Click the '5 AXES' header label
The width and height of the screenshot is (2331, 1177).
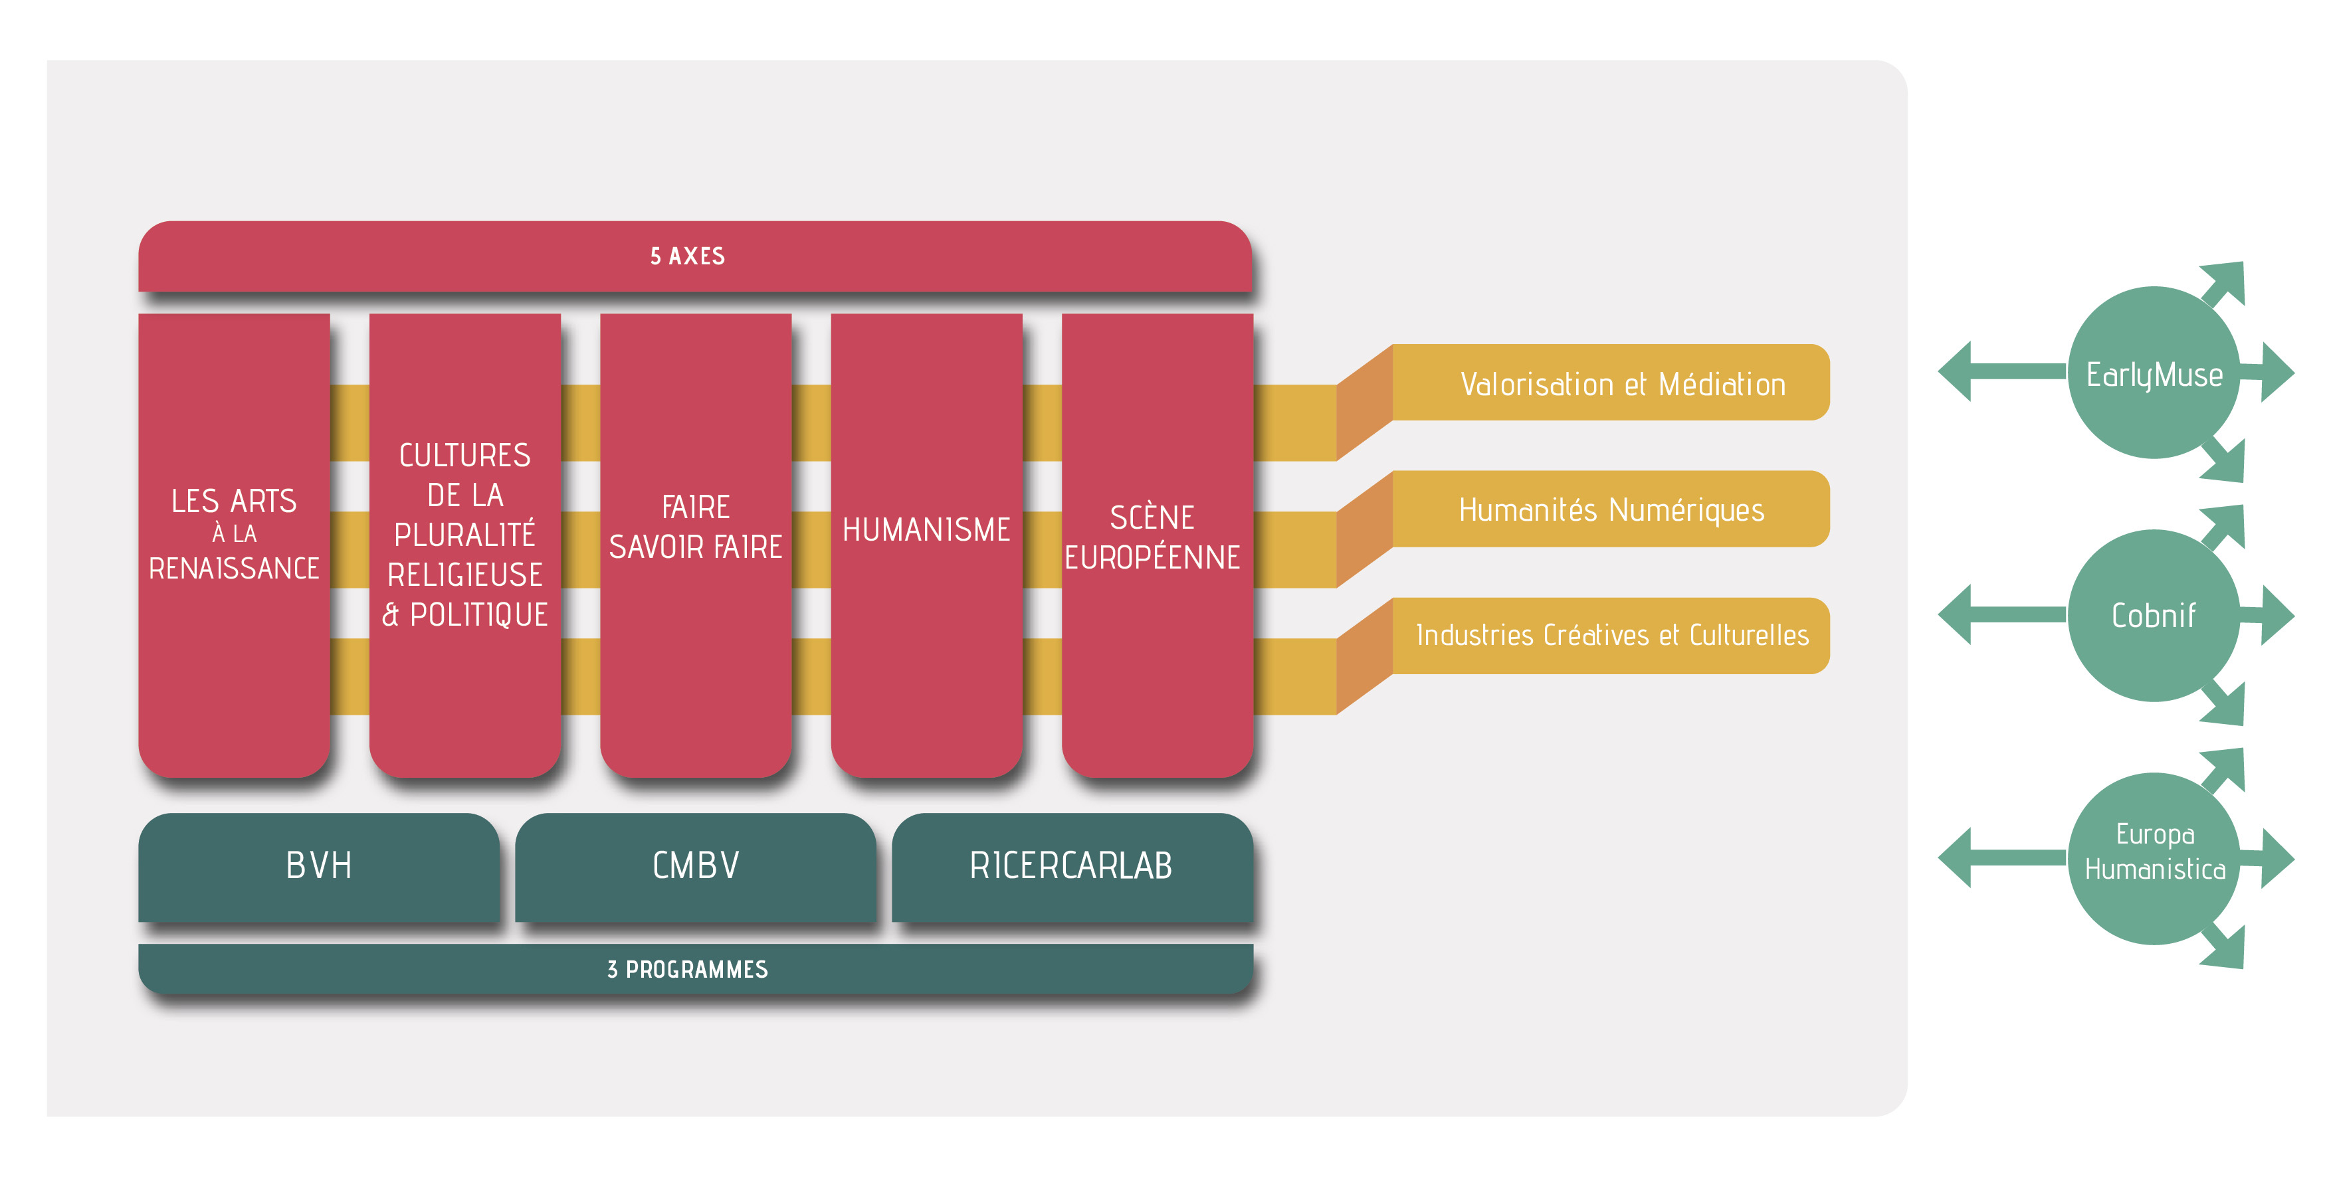[688, 256]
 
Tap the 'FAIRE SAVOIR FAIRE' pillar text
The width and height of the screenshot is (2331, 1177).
[695, 527]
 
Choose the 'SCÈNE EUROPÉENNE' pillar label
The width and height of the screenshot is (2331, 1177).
[1152, 537]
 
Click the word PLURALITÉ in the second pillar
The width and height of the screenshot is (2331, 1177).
[465, 535]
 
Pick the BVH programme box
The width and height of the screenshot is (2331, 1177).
[318, 867]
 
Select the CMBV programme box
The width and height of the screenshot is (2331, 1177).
[695, 867]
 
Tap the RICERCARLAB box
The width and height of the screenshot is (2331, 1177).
[1072, 867]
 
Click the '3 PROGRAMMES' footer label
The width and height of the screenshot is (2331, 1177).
[688, 970]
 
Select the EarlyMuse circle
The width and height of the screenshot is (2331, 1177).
[2154, 373]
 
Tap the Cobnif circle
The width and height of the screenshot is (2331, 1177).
[2154, 615]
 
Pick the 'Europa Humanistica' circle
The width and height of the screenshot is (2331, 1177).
[2154, 859]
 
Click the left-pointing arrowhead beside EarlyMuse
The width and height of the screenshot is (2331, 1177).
[1954, 371]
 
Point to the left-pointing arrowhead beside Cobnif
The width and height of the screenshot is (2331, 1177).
[1954, 614]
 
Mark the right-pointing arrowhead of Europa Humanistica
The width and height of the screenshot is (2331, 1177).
[2278, 858]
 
